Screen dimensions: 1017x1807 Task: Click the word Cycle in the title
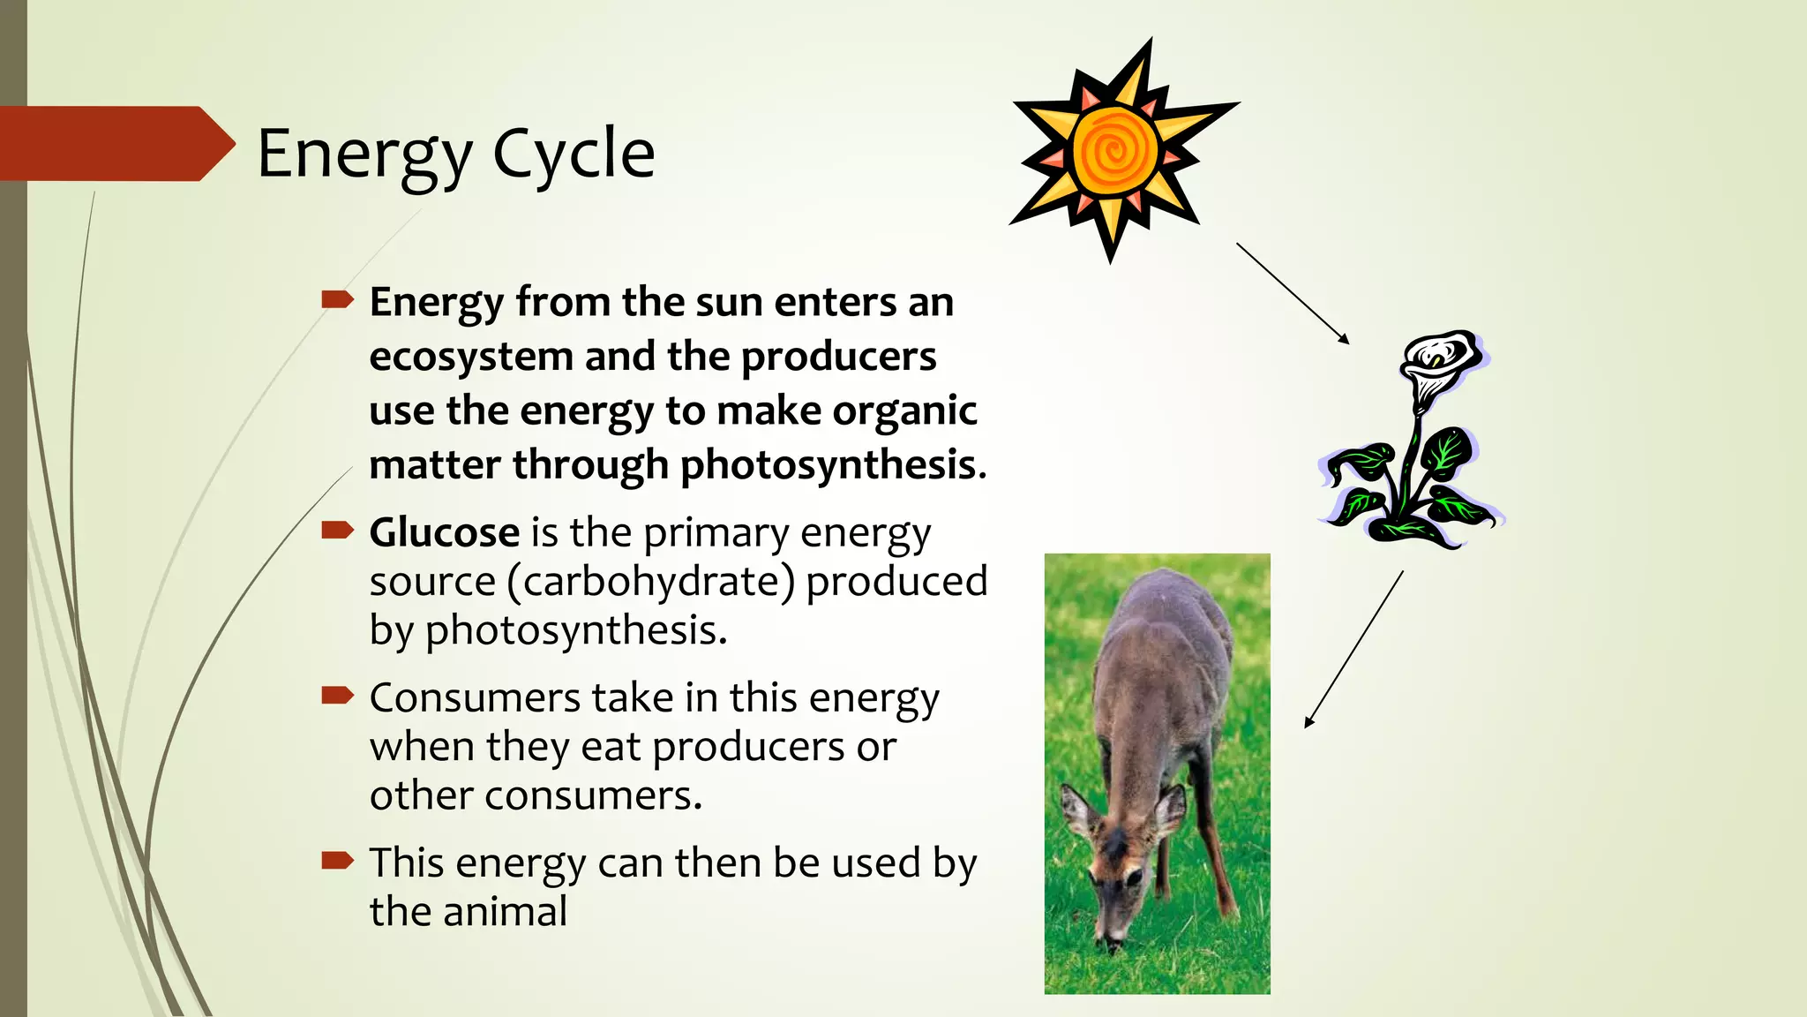574,154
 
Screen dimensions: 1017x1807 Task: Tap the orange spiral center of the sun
1114,151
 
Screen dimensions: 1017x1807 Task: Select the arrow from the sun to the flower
1292,293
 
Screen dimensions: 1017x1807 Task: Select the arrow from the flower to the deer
1353,649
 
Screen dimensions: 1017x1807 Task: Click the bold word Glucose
444,532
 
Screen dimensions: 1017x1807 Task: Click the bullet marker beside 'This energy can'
337,860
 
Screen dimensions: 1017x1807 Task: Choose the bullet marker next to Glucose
337,531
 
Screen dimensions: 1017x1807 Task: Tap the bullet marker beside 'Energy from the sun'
337,300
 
